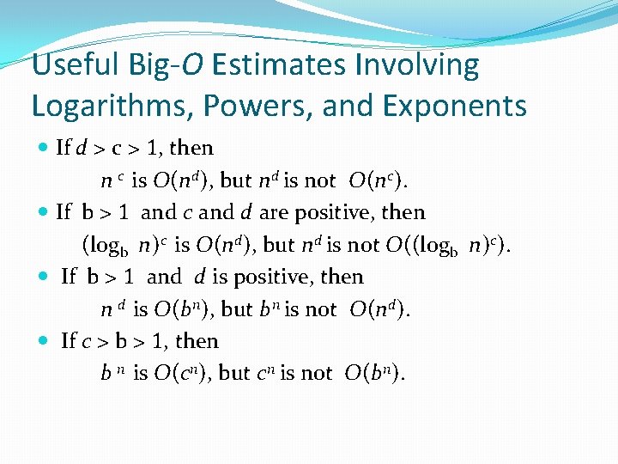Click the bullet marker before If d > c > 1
(44, 148)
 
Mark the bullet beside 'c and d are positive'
(44, 212)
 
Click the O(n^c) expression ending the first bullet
(378, 180)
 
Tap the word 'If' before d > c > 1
(64, 148)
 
